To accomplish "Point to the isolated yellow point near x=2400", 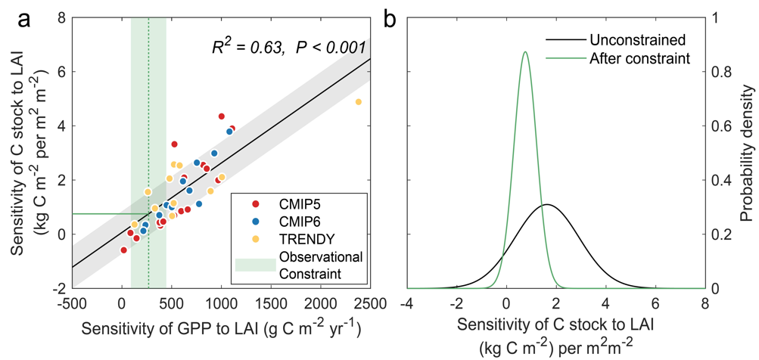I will point(358,101).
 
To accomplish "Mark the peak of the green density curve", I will point(525,52).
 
